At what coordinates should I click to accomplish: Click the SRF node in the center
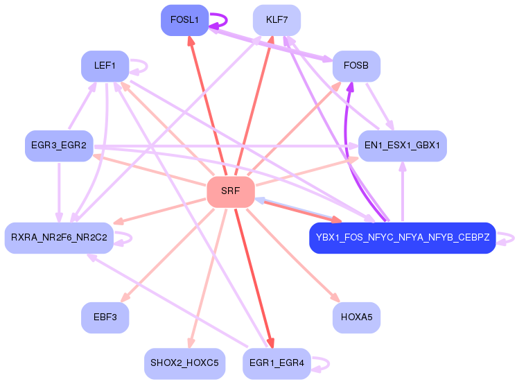(231, 192)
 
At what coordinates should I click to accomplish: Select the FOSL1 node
(184, 20)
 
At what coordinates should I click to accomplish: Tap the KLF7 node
(277, 20)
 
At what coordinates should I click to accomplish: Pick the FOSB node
(356, 66)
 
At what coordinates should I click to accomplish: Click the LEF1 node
(105, 66)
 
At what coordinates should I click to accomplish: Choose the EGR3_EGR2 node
(59, 146)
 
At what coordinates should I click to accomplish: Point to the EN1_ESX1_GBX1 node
(402, 146)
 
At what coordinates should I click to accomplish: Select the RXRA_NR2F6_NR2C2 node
(59, 238)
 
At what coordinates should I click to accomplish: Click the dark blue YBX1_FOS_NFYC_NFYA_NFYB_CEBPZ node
(402, 238)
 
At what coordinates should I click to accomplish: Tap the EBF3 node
(105, 317)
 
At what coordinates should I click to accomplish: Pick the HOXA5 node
(356, 317)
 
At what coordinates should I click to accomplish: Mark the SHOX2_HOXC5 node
(184, 363)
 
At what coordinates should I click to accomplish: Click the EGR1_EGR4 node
(277, 363)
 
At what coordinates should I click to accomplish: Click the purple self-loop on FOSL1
(227, 20)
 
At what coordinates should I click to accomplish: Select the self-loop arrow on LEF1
(147, 66)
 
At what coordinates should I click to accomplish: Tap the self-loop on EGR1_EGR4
(328, 363)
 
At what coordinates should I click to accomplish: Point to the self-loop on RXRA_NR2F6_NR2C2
(132, 238)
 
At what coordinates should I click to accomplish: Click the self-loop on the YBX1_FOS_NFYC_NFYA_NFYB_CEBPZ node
(514, 238)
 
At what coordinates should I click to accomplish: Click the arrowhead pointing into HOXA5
(335, 297)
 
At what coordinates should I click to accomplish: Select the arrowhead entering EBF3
(125, 297)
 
